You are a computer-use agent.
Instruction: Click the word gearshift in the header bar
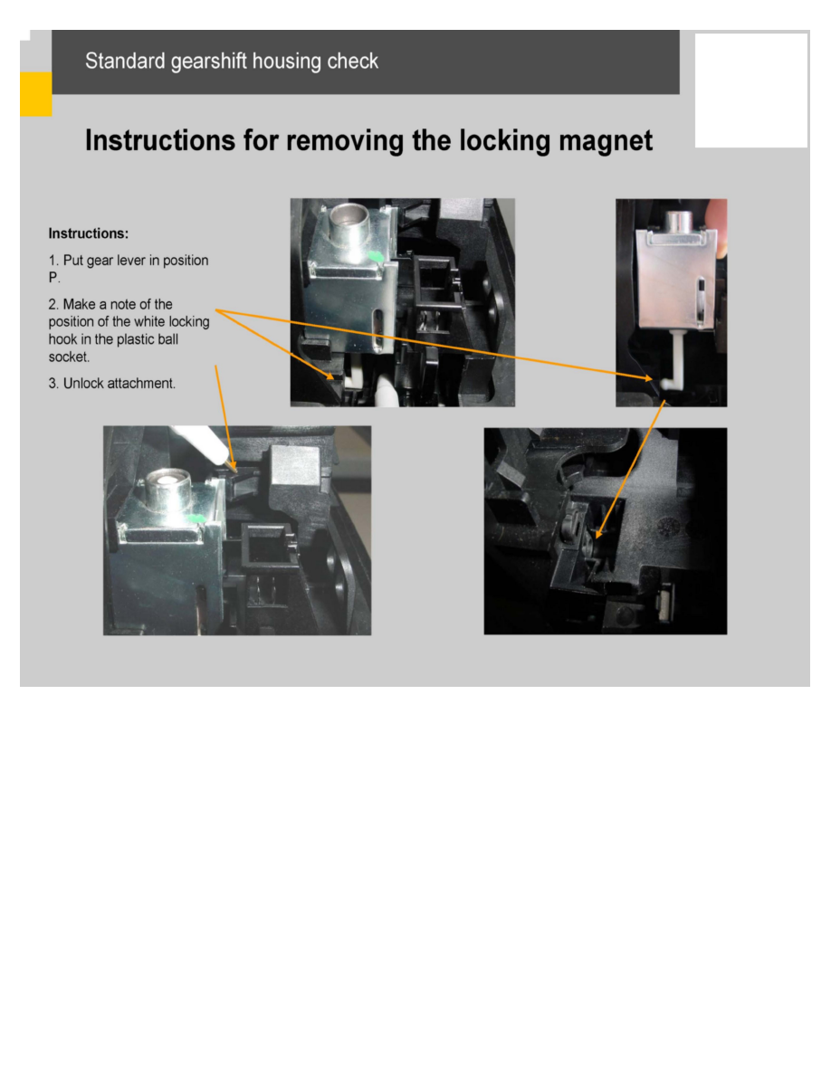click(x=208, y=62)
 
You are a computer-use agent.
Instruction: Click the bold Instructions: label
click(x=89, y=233)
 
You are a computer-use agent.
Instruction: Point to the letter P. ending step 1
click(x=54, y=278)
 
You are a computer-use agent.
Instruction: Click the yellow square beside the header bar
click(x=35, y=94)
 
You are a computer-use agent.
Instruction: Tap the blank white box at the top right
click(x=751, y=90)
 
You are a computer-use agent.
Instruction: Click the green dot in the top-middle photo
click(x=375, y=256)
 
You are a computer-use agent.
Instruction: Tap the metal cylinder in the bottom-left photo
click(x=167, y=490)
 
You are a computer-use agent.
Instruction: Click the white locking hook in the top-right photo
click(x=674, y=361)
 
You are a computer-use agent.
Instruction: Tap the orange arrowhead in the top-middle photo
click(x=330, y=375)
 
